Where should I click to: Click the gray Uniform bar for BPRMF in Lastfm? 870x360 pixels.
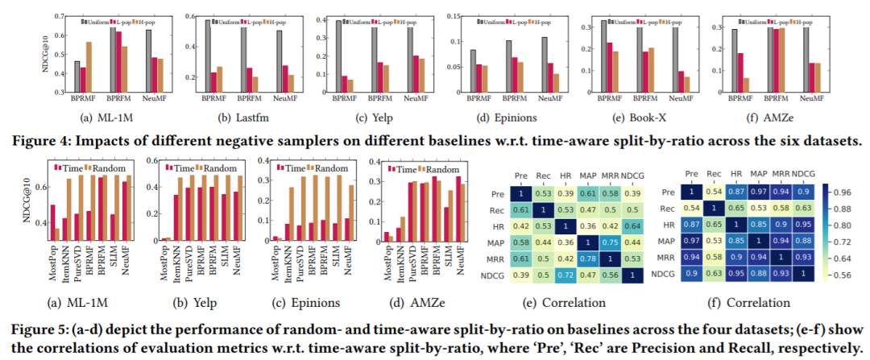(x=209, y=56)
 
